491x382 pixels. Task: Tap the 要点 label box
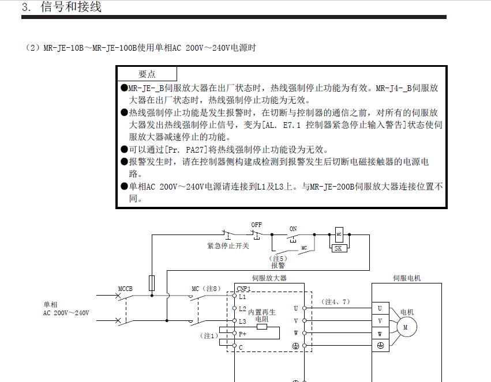pos(147,74)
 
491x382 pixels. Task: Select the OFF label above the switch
pos(256,224)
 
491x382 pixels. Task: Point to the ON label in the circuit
pos(293,229)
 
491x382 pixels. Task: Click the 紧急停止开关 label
pos(228,245)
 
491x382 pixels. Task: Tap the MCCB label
pos(125,288)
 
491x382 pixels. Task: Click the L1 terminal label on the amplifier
pos(242,297)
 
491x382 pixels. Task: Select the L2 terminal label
pos(242,309)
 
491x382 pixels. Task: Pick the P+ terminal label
pos(243,334)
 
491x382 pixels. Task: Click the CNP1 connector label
pos(243,289)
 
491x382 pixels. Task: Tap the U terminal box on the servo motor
pos(380,308)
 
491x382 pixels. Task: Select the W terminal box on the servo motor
pos(380,334)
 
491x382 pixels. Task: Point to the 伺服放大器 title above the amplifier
pos(269,278)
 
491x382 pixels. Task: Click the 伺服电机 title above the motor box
pos(407,278)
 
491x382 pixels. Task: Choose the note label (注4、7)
pos(336,301)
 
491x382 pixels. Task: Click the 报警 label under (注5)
pos(278,266)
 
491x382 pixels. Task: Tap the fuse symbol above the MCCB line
pos(152,282)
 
